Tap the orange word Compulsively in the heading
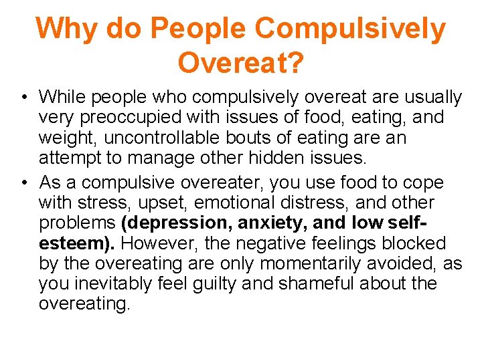click(350, 29)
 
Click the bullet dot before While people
click(23, 98)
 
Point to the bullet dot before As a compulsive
click(23, 183)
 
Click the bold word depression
click(177, 223)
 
